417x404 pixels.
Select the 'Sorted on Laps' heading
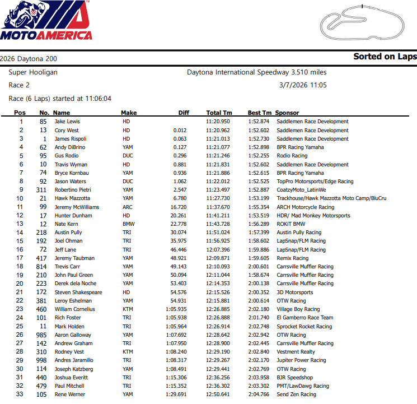tap(385, 57)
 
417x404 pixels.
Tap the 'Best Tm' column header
tap(259, 113)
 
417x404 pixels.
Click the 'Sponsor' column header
tap(287, 113)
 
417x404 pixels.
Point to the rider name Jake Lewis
tap(67, 122)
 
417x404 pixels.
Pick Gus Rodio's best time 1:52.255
tap(259, 156)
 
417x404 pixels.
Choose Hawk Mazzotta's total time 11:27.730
tap(218, 199)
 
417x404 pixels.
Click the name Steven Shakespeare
tap(78, 292)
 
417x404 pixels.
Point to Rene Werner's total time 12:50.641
tap(218, 394)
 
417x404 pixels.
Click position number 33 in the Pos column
tap(21, 394)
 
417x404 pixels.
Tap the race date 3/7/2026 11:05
tap(302, 85)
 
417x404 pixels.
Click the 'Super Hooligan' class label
tap(33, 72)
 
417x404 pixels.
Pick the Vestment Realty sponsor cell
tap(297, 352)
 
